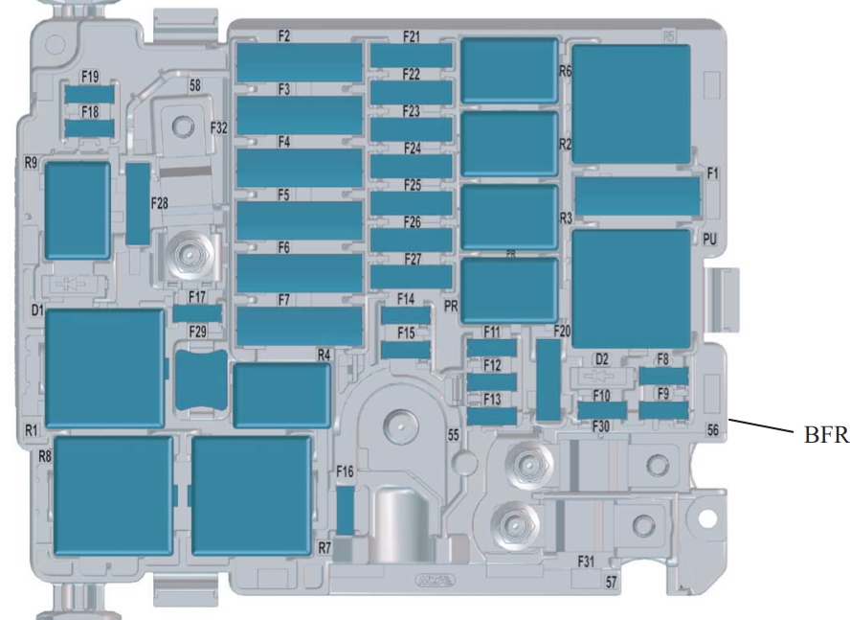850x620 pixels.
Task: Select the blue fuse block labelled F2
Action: point(299,63)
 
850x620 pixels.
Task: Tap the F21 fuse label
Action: point(412,37)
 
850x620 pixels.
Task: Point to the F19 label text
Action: point(90,76)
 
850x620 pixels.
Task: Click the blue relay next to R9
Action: point(77,209)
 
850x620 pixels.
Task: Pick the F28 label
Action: point(159,203)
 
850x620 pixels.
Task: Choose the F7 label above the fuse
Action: point(284,300)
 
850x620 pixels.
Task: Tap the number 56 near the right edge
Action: point(713,431)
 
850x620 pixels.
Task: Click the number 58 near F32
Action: point(194,85)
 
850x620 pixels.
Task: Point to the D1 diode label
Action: point(37,311)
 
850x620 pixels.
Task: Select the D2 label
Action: point(602,358)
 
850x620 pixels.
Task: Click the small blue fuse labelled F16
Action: point(346,509)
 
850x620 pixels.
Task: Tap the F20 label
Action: point(562,332)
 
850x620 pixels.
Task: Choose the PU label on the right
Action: point(709,241)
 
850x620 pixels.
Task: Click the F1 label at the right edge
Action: point(712,173)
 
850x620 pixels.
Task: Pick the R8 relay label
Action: point(44,456)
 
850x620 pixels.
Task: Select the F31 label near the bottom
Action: point(587,560)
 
